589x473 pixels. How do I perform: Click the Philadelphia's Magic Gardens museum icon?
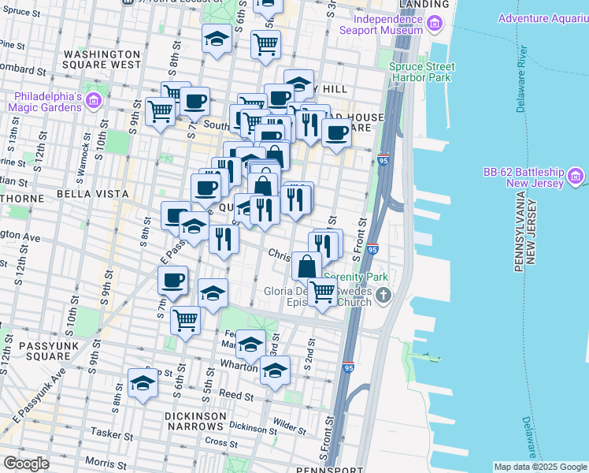[94, 100]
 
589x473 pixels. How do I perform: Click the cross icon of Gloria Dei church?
[383, 296]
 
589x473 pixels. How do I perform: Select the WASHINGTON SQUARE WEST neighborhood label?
[102, 59]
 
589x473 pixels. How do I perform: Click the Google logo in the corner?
[26, 464]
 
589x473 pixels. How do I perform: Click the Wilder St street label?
[290, 428]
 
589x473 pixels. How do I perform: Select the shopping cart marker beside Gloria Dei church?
[322, 293]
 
